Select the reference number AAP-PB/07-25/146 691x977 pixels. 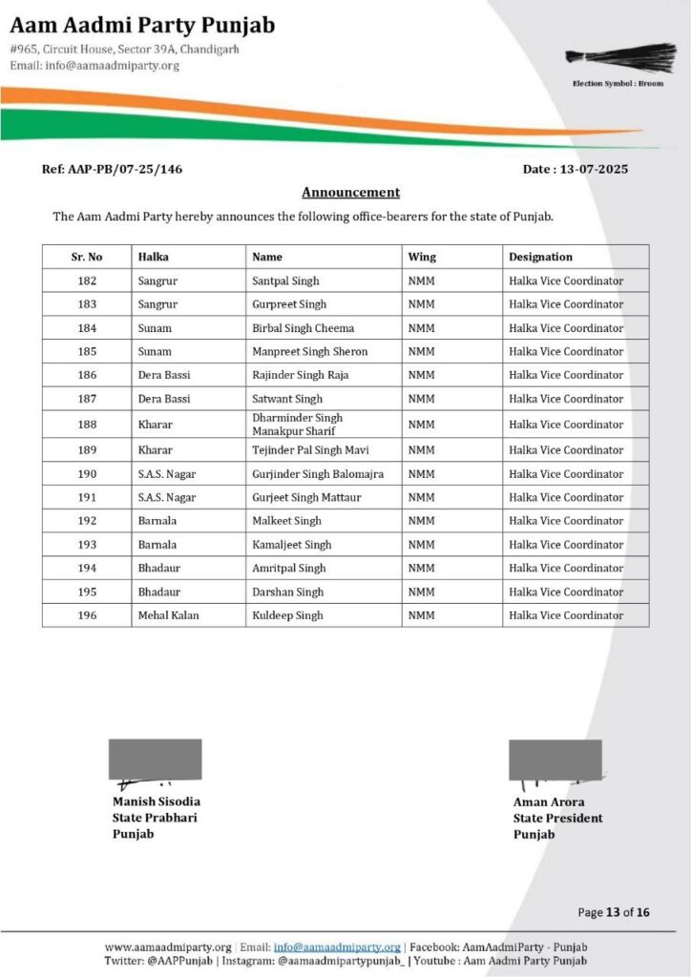[112, 169]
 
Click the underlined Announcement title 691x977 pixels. [350, 192]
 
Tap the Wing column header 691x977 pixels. [422, 257]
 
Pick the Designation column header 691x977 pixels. [540, 257]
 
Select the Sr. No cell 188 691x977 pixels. [87, 425]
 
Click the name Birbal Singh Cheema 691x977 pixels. [303, 328]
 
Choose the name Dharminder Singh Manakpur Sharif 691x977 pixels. [297, 425]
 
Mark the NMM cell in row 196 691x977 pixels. [421, 615]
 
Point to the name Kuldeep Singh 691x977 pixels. [287, 615]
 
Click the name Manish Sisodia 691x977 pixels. [157, 801]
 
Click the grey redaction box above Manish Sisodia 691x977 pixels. [156, 759]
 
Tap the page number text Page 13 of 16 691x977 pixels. [614, 912]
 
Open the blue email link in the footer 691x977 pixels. [337, 946]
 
